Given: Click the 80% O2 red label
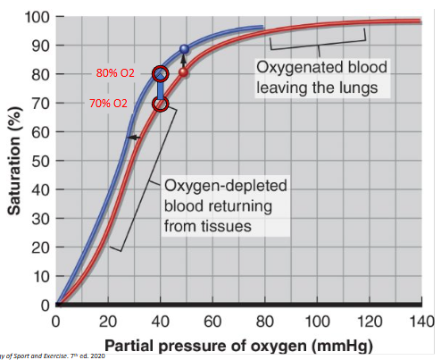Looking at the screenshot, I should (x=114, y=72).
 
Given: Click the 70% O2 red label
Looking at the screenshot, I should (x=108, y=104).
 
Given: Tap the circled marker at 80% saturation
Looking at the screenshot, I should (x=160, y=73).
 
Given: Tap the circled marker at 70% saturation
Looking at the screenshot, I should (x=160, y=105).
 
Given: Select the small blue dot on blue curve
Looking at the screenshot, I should (x=185, y=49).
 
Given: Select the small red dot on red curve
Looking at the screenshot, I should (x=183, y=72).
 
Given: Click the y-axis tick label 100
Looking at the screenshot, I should (x=36, y=17).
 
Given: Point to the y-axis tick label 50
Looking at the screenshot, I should (x=39, y=161).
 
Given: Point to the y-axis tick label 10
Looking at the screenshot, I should (x=39, y=276).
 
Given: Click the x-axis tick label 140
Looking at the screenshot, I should (x=419, y=321).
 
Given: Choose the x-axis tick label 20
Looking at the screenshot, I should (x=108, y=321).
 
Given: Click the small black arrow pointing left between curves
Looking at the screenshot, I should (x=131, y=138).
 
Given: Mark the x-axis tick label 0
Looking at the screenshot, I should (x=56, y=321).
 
